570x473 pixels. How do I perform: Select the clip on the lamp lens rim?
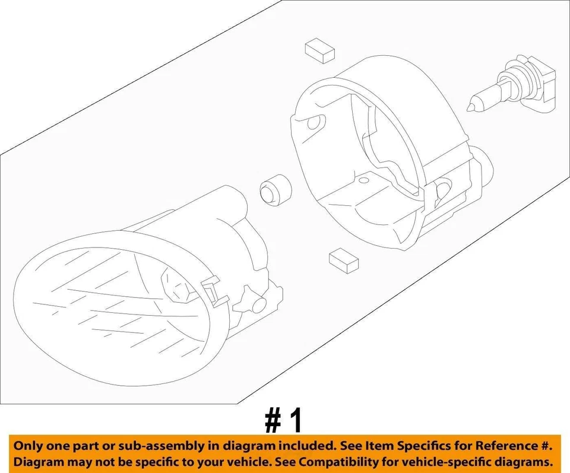[x=209, y=289]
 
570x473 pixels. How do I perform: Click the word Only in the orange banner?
[x=29, y=445]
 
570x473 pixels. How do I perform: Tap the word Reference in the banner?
[x=508, y=445]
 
